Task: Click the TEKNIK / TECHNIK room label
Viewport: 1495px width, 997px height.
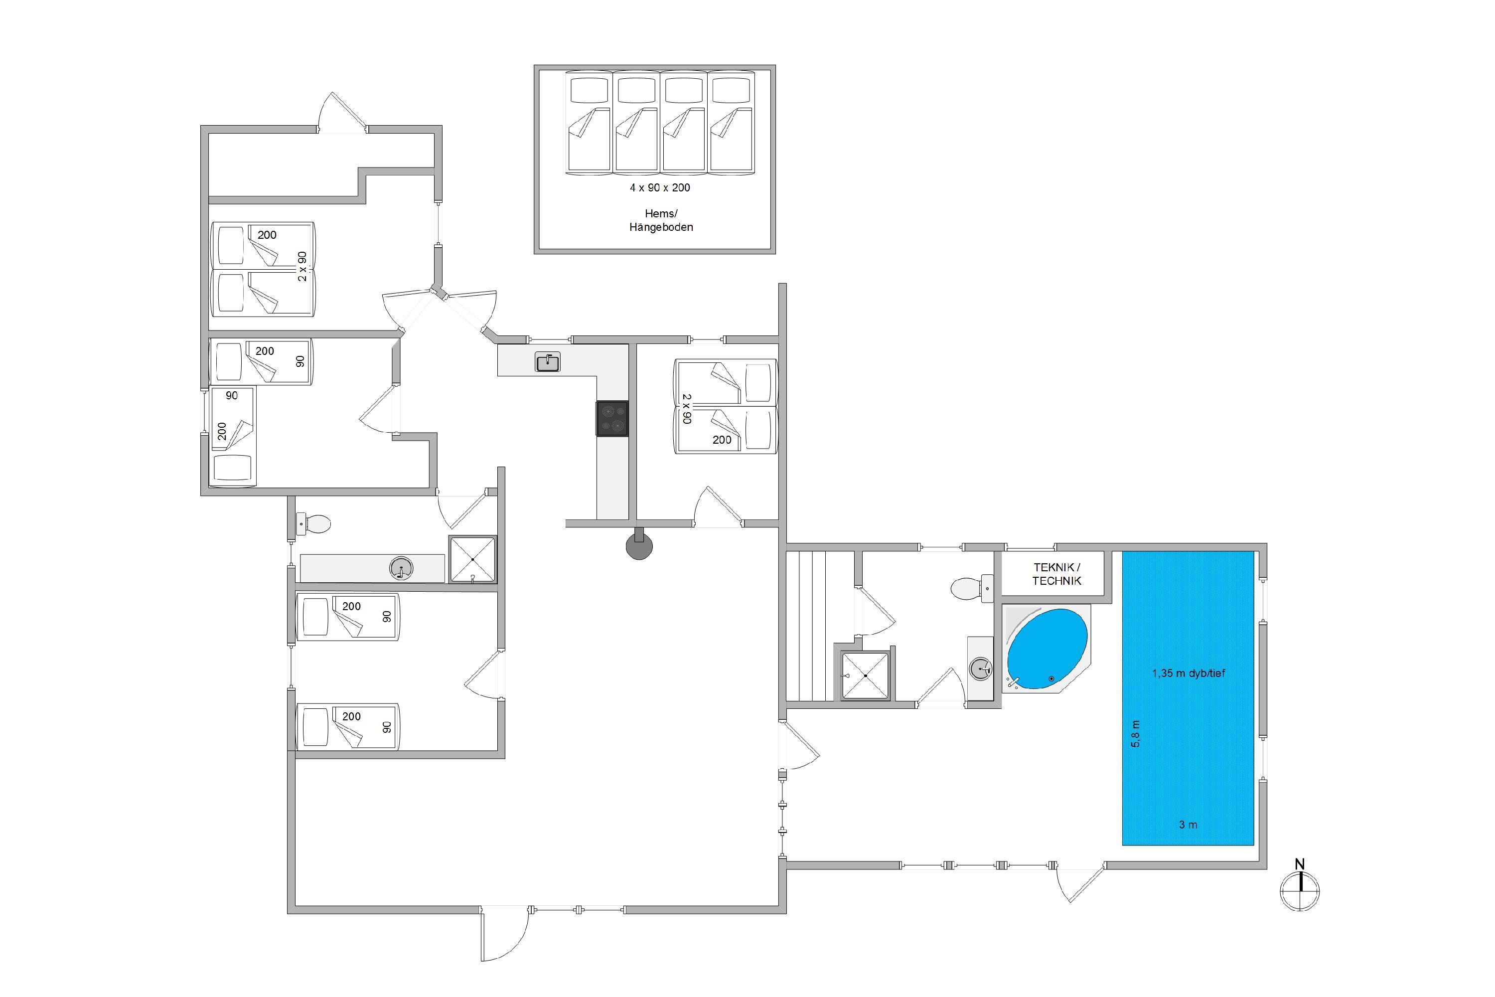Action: [1056, 574]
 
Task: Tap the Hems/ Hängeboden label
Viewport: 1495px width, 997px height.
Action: [661, 220]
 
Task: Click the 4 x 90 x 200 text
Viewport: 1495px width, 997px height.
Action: [660, 187]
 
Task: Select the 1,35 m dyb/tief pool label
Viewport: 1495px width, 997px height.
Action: [1188, 672]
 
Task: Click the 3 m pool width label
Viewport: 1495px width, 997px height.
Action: [1188, 825]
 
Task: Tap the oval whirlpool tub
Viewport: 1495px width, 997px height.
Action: [1047, 649]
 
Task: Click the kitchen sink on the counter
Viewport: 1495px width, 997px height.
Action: [547, 362]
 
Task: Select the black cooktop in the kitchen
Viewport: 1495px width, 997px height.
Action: [612, 418]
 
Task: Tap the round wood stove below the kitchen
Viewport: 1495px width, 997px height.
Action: [639, 545]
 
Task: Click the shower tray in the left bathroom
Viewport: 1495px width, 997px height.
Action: [472, 559]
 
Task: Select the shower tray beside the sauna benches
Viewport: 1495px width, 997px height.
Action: [865, 675]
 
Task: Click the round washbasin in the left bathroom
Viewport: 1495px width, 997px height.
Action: [401, 568]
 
